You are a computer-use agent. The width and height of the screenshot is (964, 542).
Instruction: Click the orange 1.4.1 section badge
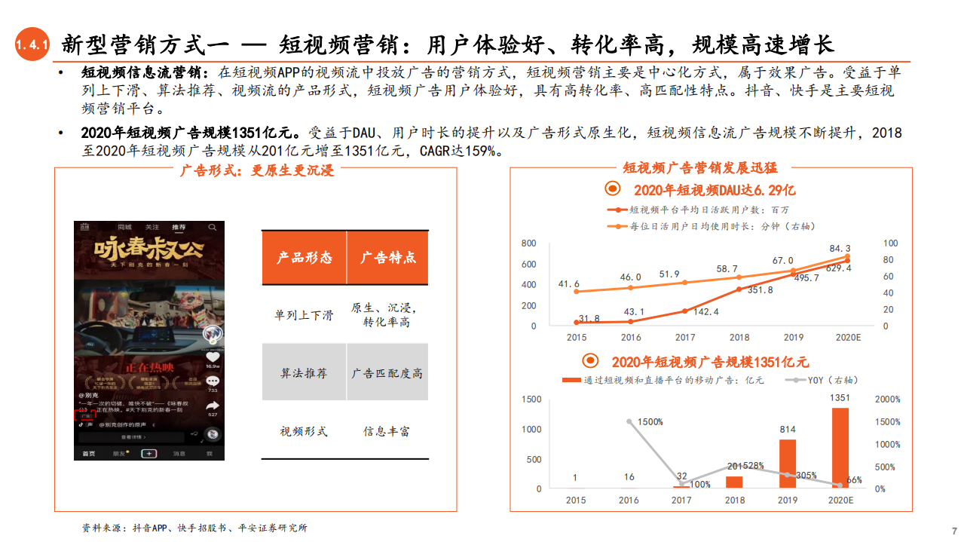32,46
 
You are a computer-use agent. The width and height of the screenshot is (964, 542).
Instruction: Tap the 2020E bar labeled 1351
840,448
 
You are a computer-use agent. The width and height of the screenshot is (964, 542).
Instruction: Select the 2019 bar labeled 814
787,463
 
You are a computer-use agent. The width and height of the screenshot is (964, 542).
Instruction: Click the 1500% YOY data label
648,421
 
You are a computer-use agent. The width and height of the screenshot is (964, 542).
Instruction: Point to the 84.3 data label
840,248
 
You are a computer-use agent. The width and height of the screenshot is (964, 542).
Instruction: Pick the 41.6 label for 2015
569,284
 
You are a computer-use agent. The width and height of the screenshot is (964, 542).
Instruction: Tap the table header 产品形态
304,258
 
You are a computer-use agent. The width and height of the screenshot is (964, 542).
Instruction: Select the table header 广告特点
387,258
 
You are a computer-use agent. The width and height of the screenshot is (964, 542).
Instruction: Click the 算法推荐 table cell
304,373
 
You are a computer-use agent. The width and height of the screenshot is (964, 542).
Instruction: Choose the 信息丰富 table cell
387,431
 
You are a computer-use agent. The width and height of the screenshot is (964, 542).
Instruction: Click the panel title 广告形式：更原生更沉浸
256,170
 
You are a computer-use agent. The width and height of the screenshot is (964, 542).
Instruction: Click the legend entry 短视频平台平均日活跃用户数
701,210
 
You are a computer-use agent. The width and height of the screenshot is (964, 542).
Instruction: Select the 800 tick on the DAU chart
528,243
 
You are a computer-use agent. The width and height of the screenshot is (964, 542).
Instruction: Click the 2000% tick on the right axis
888,400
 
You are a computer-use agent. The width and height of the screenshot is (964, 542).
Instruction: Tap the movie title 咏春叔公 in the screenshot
148,250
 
